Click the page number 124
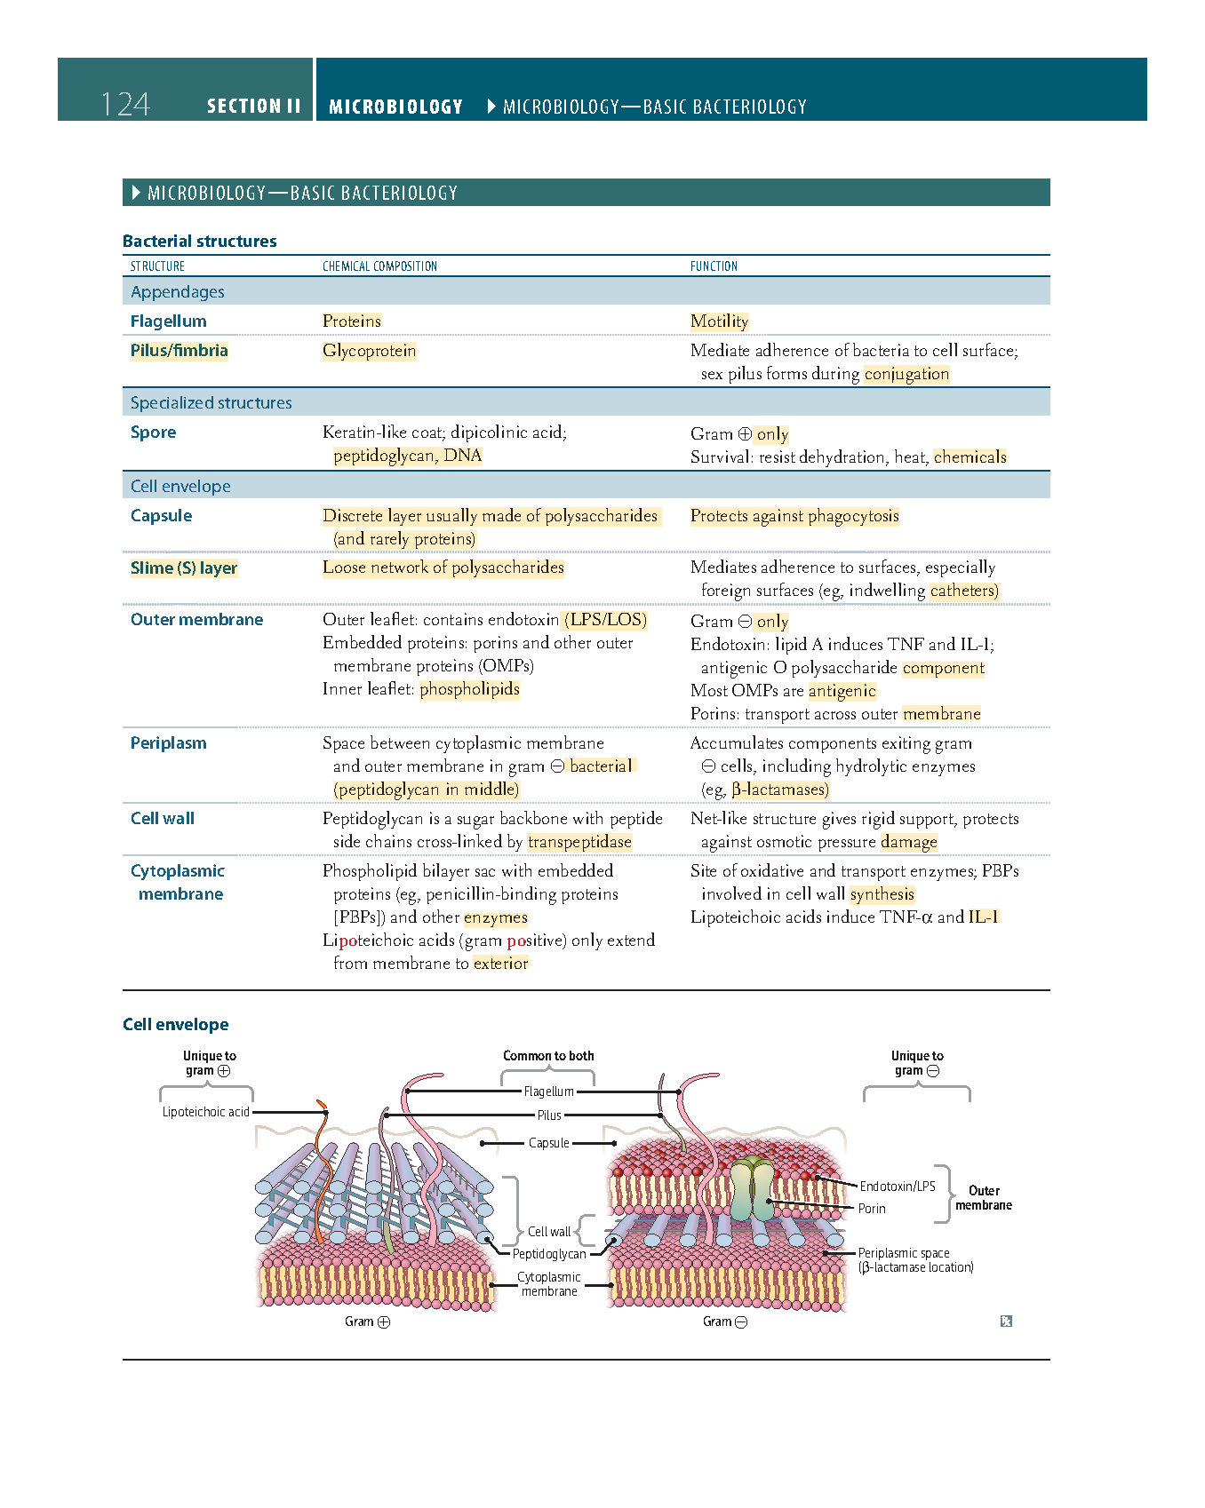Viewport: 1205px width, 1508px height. (125, 105)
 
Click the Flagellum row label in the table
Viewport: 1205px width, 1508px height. (168, 321)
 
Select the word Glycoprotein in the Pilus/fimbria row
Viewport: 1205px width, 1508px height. (369, 351)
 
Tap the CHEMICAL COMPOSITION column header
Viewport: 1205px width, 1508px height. (379, 266)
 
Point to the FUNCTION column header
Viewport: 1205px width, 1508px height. (714, 266)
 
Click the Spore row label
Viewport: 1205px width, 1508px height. (153, 433)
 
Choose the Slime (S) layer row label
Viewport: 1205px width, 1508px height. (184, 568)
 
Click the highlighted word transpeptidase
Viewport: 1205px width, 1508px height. (579, 842)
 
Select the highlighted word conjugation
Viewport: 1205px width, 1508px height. (906, 374)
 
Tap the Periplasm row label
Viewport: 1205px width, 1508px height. (168, 743)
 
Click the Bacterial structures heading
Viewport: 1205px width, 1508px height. (200, 242)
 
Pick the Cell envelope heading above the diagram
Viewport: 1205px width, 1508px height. (176, 1025)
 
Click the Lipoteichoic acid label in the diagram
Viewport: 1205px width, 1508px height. (205, 1112)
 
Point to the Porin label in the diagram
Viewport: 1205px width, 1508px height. (872, 1209)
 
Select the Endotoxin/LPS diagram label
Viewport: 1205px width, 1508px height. (897, 1187)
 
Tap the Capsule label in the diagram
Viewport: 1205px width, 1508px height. (548, 1143)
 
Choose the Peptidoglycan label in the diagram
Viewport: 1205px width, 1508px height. (549, 1254)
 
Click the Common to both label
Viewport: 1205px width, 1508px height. (548, 1056)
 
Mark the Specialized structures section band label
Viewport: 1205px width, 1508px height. (211, 403)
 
